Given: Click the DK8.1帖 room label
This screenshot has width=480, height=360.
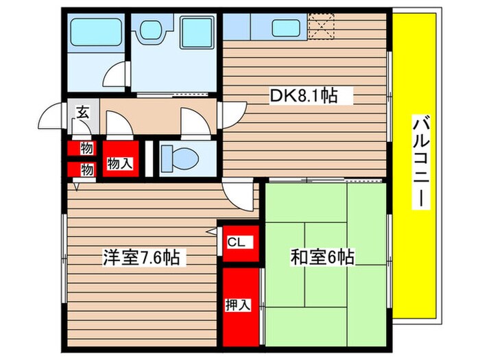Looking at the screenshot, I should [x=304, y=96].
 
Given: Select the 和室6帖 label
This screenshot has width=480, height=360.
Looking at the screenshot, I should [x=322, y=258].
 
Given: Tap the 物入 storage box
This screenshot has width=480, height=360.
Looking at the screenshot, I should [x=119, y=163].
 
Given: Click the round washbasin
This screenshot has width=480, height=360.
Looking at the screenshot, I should [x=148, y=29].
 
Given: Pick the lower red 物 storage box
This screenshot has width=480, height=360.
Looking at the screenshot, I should [x=86, y=169].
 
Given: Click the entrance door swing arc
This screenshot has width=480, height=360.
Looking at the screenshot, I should [x=50, y=117].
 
